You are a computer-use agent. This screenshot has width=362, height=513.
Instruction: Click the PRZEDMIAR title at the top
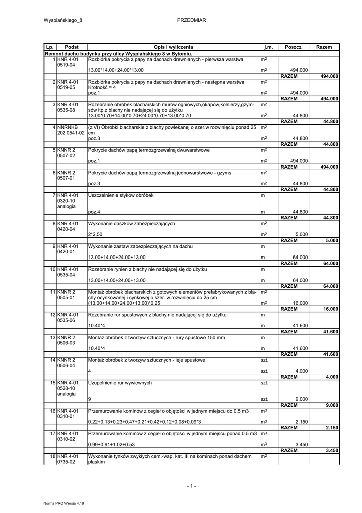tap(192, 20)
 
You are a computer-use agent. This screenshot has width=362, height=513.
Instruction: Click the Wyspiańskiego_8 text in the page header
tap(63, 20)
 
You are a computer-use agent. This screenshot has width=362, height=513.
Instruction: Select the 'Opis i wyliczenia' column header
tap(173, 47)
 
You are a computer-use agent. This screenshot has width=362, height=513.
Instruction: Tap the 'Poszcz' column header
tap(293, 47)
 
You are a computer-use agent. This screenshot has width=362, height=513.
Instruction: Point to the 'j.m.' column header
tap(268, 47)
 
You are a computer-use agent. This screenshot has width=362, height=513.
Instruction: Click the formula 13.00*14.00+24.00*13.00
tap(115, 70)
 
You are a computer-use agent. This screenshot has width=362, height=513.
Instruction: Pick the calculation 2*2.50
tap(95, 234)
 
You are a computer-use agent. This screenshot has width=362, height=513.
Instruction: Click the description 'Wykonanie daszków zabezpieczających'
tap(131, 223)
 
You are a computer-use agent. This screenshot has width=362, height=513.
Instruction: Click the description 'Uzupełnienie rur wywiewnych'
tap(120, 383)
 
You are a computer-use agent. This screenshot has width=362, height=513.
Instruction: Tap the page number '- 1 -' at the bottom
tap(192, 486)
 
